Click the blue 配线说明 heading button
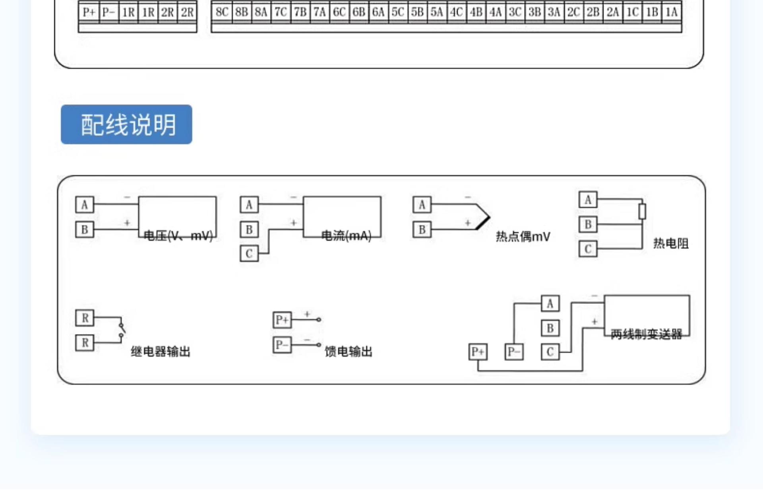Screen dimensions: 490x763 126,124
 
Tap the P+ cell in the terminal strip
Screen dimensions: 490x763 89,12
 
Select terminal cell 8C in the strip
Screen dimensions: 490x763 222,12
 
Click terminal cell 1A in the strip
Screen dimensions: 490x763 672,12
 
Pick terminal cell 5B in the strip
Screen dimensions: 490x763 417,12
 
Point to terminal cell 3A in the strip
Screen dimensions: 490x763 554,12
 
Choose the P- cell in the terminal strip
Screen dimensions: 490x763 108,12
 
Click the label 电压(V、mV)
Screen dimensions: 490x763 178,236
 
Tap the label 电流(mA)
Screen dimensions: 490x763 346,236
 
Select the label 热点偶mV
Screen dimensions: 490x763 523,237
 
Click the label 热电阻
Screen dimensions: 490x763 671,243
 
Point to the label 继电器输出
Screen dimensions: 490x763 161,352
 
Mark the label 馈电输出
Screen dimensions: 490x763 349,352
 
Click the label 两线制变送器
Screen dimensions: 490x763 646,334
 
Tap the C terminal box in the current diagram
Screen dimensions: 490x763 249,253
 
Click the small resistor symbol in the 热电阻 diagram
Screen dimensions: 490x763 642,211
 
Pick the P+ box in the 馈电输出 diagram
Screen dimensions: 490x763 282,320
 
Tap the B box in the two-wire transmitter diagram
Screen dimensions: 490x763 550,328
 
